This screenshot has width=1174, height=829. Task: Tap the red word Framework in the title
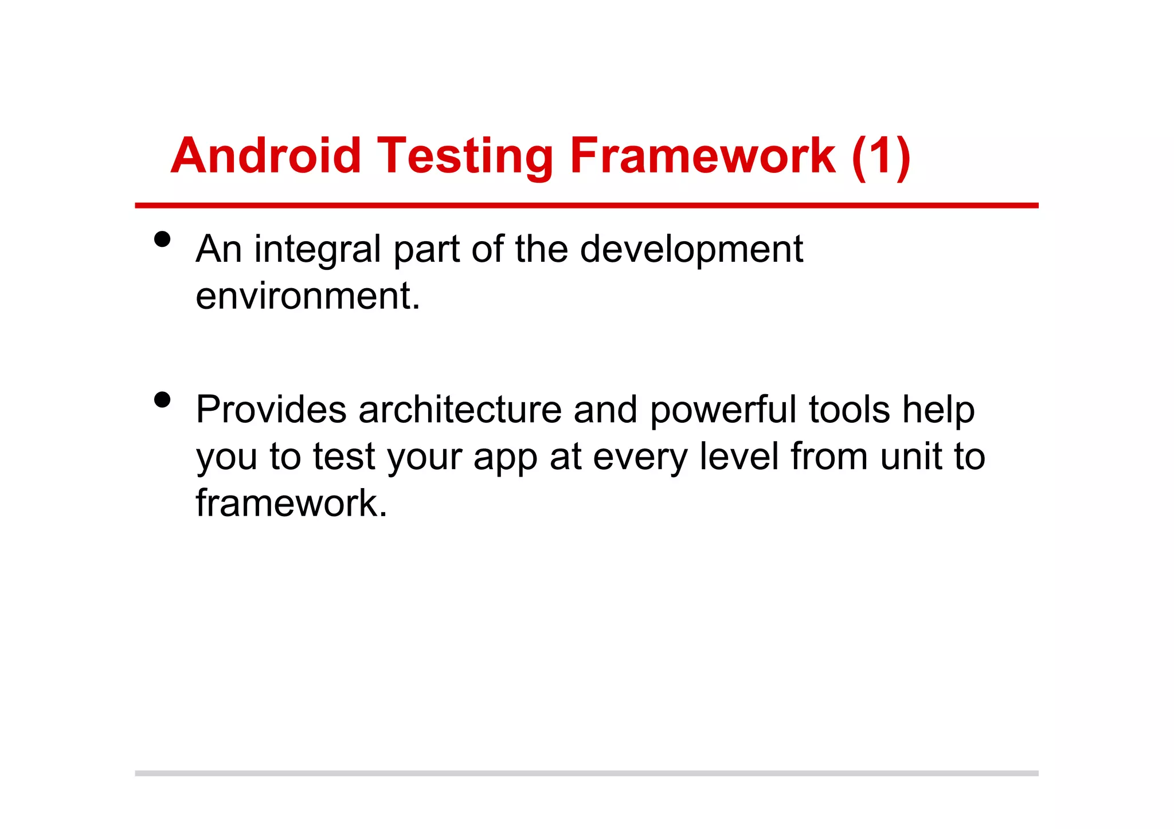pos(702,156)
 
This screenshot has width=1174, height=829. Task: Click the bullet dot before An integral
pos(162,239)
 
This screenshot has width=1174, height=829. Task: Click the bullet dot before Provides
pos(162,399)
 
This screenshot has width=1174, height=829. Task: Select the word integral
pos(317,250)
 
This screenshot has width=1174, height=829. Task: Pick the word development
pos(691,250)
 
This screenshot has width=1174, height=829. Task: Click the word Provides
pos(271,410)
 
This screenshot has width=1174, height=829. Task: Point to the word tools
pos(849,410)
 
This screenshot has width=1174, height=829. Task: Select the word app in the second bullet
pos(505,458)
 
